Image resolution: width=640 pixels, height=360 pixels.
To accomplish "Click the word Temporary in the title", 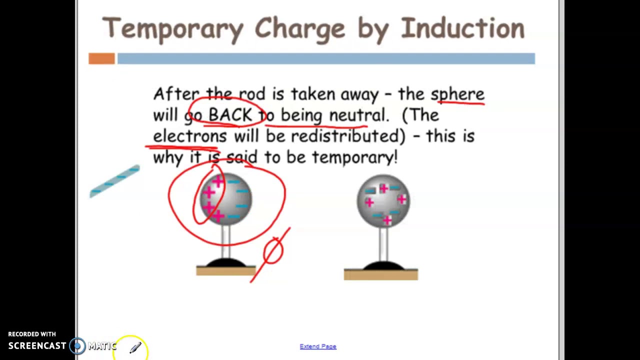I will (172, 28).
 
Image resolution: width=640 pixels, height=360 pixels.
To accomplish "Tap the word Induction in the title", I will (462, 27).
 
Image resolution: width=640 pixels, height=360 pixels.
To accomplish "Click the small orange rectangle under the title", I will (101, 59).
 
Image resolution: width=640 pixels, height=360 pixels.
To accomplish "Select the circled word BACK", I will (230, 115).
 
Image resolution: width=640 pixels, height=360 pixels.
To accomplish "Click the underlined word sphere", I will (457, 94).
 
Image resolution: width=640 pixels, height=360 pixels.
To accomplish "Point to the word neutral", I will (357, 115).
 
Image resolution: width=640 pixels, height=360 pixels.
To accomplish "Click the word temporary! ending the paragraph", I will (355, 157).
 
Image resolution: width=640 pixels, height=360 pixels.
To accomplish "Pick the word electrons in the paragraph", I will (189, 136).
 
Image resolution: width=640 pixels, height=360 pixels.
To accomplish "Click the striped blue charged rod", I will (115, 181).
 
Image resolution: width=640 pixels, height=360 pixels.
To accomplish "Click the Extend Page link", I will (318, 346).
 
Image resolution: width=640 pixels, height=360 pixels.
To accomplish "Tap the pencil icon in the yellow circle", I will (135, 348).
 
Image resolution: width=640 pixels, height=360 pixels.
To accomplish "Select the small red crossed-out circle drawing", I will (273, 251).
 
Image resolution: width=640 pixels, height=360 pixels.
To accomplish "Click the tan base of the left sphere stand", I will (226, 271).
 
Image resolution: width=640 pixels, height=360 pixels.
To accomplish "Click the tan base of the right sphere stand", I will (381, 274).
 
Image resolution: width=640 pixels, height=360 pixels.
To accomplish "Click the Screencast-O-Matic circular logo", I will (77, 345).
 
